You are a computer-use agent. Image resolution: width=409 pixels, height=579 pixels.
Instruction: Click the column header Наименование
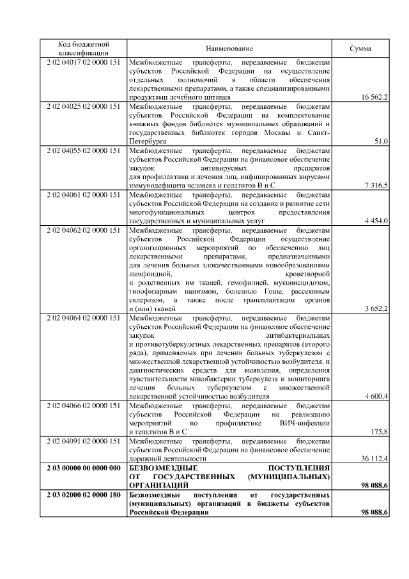tap(229, 49)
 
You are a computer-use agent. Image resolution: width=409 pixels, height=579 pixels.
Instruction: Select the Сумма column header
tap(361, 49)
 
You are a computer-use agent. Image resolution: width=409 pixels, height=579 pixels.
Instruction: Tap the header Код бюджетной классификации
tap(84, 49)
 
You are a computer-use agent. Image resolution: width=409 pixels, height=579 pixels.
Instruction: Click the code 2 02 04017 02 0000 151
tap(84, 62)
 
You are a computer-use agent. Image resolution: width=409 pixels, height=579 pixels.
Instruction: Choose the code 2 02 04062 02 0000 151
tap(84, 230)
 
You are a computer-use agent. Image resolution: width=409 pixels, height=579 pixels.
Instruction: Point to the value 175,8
tap(380, 432)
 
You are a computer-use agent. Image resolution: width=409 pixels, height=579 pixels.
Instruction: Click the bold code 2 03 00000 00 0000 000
tap(84, 468)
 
